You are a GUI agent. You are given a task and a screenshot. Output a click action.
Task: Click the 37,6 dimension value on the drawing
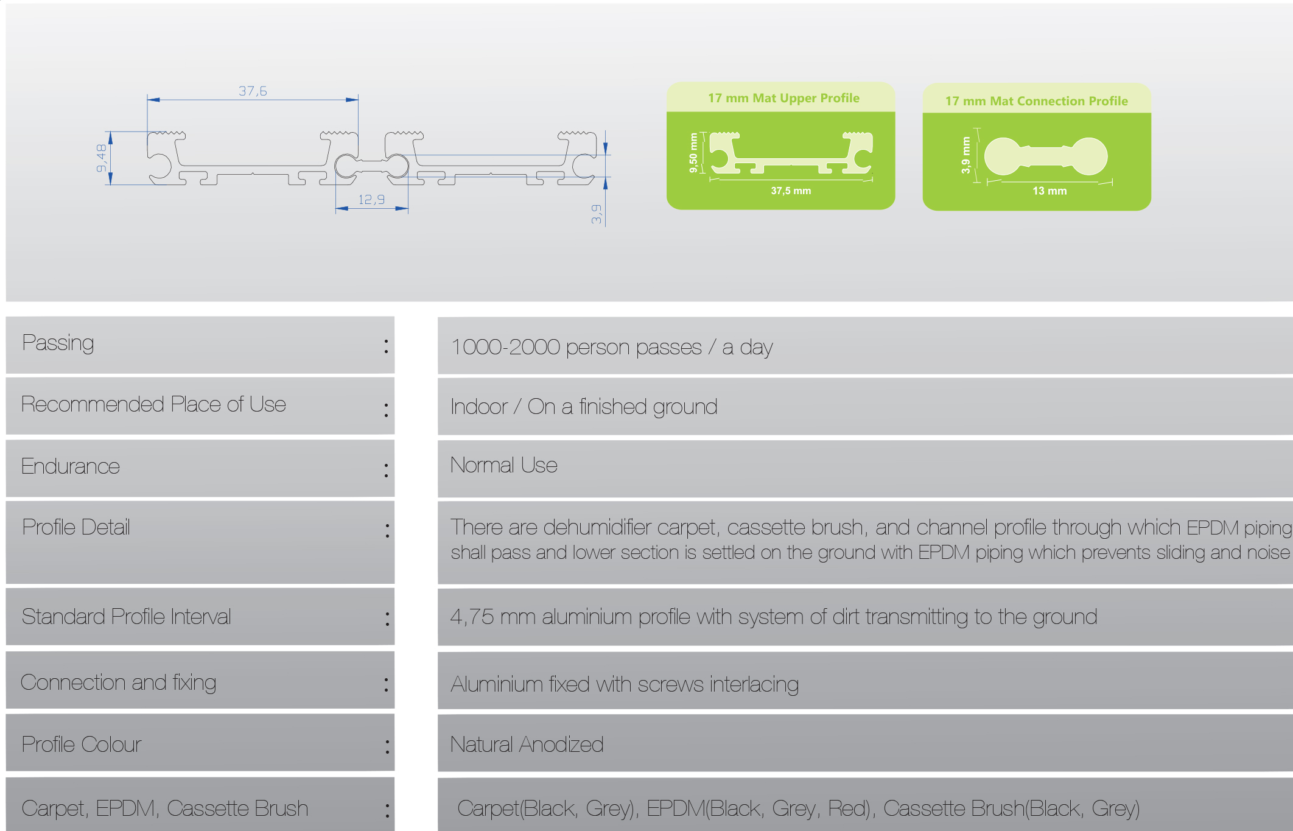[253, 91]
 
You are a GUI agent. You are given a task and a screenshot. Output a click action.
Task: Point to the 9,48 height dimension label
[101, 158]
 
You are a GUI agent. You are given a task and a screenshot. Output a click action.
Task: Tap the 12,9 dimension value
[371, 200]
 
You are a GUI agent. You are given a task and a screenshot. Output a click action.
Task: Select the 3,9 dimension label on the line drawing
[596, 214]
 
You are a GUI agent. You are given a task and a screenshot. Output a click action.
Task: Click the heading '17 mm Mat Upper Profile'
[783, 98]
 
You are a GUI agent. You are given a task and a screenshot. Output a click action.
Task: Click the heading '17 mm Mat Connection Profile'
[1036, 101]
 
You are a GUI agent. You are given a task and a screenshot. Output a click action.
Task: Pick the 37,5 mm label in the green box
[791, 191]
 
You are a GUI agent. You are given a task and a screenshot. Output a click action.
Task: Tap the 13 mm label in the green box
[1049, 191]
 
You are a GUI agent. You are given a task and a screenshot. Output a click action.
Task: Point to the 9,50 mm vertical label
[693, 153]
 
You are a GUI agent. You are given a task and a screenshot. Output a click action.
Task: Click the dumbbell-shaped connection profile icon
[1045, 156]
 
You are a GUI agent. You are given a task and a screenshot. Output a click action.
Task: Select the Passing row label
[58, 343]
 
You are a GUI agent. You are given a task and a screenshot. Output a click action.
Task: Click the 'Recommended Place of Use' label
[153, 405]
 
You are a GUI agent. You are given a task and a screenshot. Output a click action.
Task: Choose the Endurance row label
[71, 467]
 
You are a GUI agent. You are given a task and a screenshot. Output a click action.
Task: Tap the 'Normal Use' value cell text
[503, 466]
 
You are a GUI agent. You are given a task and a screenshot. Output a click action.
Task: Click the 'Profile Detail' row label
[76, 528]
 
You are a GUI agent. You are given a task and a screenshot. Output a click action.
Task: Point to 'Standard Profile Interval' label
[127, 617]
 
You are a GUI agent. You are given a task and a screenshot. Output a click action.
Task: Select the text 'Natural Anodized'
[527, 745]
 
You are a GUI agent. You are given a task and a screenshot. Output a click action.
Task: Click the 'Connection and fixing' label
[119, 683]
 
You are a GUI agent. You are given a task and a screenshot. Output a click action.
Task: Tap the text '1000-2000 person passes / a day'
[612, 348]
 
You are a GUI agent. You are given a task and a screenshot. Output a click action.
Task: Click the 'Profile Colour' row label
[82, 745]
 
